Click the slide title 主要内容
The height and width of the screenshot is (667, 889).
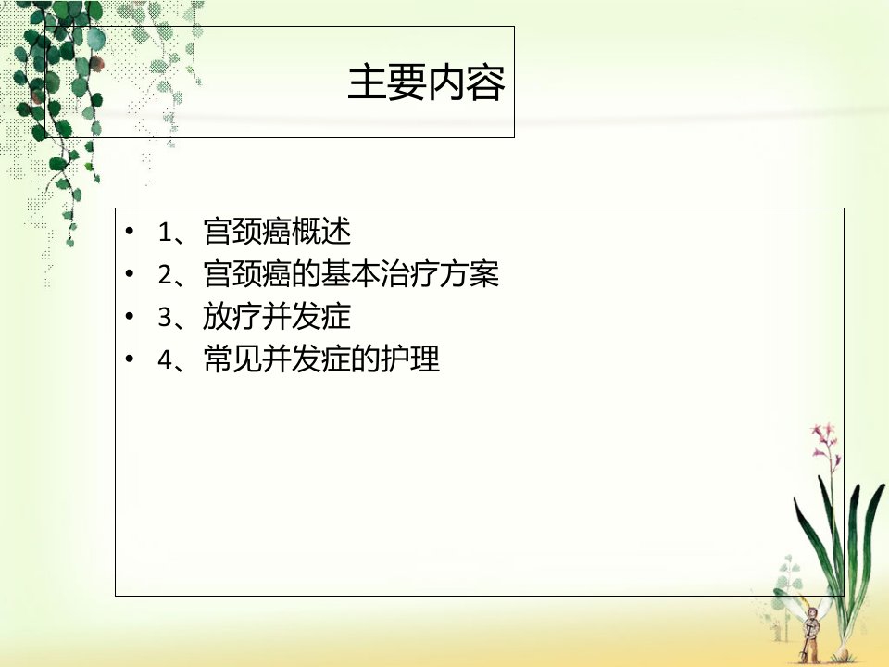point(426,83)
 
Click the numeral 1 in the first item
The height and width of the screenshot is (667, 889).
point(165,233)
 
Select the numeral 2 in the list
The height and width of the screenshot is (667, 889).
point(165,275)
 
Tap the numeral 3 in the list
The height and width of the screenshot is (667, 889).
point(165,317)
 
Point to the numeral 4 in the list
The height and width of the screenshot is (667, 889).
point(165,359)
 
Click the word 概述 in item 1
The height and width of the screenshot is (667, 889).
point(321,232)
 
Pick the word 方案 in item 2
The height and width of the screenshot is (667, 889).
point(470,274)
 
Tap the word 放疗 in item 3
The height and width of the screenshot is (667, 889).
point(232,317)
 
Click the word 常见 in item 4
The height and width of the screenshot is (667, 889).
point(232,359)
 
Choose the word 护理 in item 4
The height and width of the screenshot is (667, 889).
point(410,359)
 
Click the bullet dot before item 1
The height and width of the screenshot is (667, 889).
point(130,232)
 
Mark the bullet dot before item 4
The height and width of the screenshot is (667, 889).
point(130,359)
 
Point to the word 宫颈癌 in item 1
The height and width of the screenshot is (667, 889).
point(247,232)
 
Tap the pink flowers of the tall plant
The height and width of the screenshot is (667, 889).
point(825,439)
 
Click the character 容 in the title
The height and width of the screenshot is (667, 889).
point(486,83)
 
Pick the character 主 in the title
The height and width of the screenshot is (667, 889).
point(367,83)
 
